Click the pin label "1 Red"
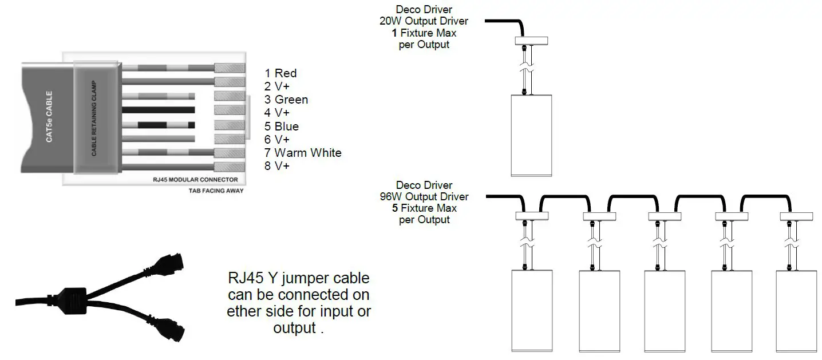click(280, 73)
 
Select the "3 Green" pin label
click(286, 100)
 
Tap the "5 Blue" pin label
click(282, 126)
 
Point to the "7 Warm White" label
click(303, 153)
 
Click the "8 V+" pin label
click(277, 166)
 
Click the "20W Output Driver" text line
click(424, 21)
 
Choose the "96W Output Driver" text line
click(424, 197)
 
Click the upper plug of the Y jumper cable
click(171, 263)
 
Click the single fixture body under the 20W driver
click(531, 135)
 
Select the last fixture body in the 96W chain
click(796, 311)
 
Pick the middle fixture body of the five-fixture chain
click(665, 311)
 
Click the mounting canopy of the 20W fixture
click(532, 41)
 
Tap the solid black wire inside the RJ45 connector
click(159, 110)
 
